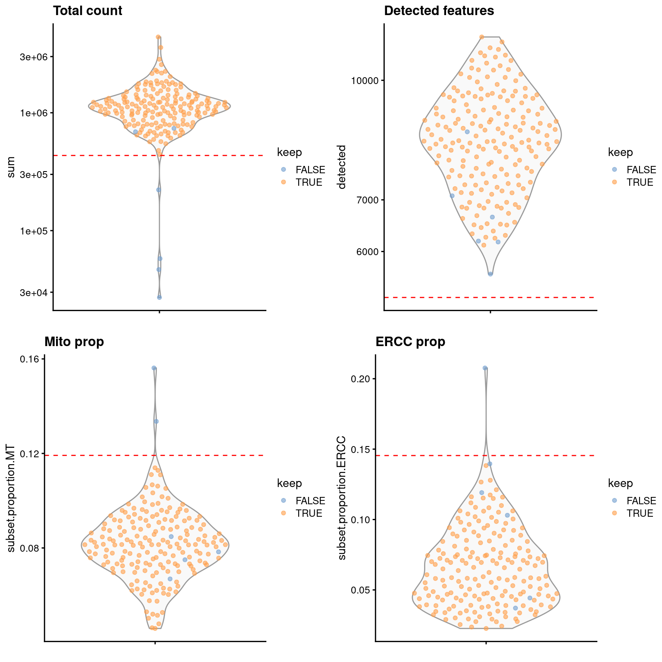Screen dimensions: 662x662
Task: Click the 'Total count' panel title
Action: (x=87, y=11)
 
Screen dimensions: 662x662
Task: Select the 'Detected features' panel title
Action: (x=439, y=11)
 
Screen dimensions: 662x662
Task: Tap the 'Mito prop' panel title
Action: (x=74, y=342)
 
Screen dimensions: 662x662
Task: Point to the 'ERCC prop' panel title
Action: (x=410, y=342)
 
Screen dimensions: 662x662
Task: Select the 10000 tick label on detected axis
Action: (x=365, y=81)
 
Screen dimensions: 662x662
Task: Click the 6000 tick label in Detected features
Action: (x=367, y=252)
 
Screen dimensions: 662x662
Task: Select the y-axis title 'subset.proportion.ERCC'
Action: (x=342, y=498)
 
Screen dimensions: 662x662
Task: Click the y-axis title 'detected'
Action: (x=342, y=167)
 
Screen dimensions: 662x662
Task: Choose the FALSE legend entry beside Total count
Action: (x=310, y=170)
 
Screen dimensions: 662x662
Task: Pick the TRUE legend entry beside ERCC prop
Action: (x=640, y=513)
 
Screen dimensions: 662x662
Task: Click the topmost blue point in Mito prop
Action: (x=154, y=368)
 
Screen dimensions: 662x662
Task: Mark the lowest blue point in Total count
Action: (x=159, y=297)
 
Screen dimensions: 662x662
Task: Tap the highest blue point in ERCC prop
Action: (x=485, y=368)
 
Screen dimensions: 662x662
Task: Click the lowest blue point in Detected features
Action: (x=490, y=274)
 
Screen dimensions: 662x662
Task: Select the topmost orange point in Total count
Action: (x=158, y=37)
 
